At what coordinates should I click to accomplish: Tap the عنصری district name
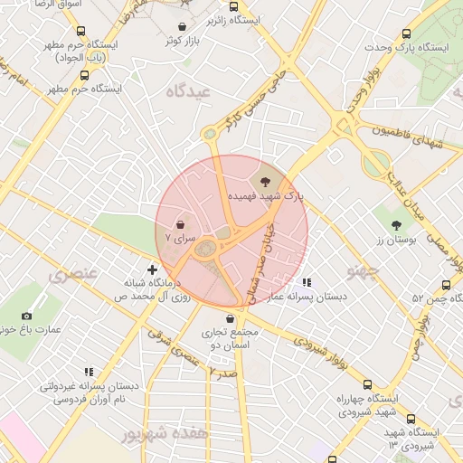click(69, 275)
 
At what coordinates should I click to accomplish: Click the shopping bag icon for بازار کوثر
click(184, 26)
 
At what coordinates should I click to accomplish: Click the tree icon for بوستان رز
click(396, 224)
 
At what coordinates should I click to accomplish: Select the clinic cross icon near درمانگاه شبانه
click(152, 269)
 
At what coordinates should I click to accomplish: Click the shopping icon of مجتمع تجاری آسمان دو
click(231, 318)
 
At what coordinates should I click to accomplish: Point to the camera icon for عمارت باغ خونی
click(26, 316)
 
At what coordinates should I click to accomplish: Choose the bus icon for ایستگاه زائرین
click(234, 6)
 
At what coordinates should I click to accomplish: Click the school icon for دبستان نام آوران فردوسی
click(89, 372)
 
